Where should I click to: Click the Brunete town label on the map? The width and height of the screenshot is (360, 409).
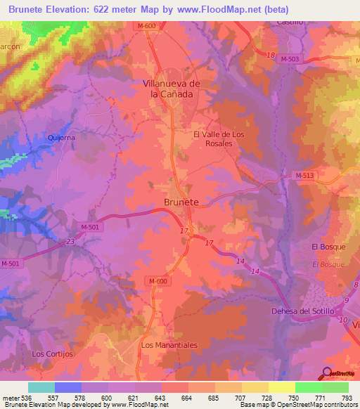(x=181, y=202)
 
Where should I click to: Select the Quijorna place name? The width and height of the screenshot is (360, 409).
(x=61, y=138)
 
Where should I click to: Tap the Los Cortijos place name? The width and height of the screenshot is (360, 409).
(x=52, y=354)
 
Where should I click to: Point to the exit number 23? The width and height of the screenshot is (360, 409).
(x=70, y=242)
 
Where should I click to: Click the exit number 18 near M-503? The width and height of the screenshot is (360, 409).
(x=271, y=55)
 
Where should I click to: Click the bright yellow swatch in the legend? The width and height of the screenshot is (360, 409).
(x=282, y=387)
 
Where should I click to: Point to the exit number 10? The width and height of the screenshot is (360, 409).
(x=344, y=320)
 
